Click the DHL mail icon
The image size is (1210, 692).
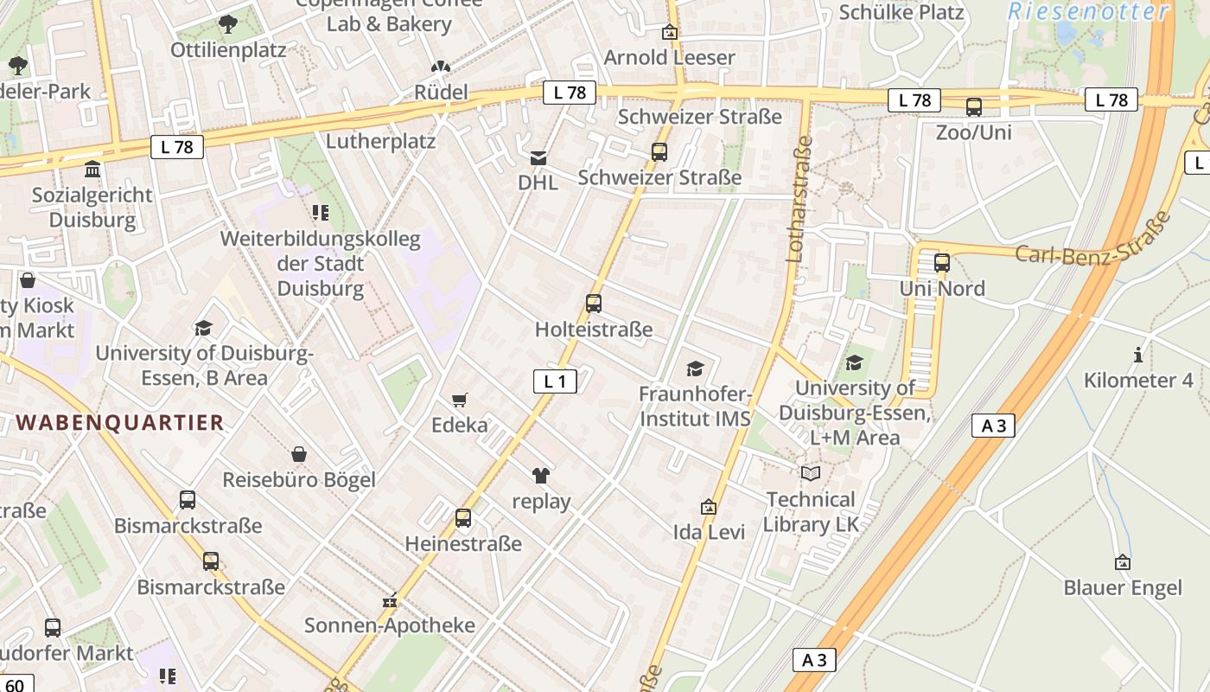(538, 157)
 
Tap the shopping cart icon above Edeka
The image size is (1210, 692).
(459, 400)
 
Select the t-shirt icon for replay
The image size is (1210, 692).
(541, 475)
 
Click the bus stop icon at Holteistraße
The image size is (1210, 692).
(593, 303)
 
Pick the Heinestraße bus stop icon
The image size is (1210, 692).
(463, 517)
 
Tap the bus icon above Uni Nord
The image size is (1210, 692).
(942, 262)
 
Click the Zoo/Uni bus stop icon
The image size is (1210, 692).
(973, 107)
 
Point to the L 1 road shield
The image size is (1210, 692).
(554, 381)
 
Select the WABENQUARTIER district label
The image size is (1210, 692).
(120, 422)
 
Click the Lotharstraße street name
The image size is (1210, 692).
(799, 199)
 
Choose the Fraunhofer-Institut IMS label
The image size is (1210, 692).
(695, 406)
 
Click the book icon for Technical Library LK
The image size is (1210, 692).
(810, 473)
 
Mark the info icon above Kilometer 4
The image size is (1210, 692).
(1138, 355)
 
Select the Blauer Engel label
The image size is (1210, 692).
(1122, 588)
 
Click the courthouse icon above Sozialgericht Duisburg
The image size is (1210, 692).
(92, 168)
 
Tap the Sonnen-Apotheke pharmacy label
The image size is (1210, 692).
(390, 625)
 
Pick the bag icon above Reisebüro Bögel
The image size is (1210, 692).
(298, 454)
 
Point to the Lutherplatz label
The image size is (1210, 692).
(380, 140)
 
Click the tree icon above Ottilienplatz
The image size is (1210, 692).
(227, 24)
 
